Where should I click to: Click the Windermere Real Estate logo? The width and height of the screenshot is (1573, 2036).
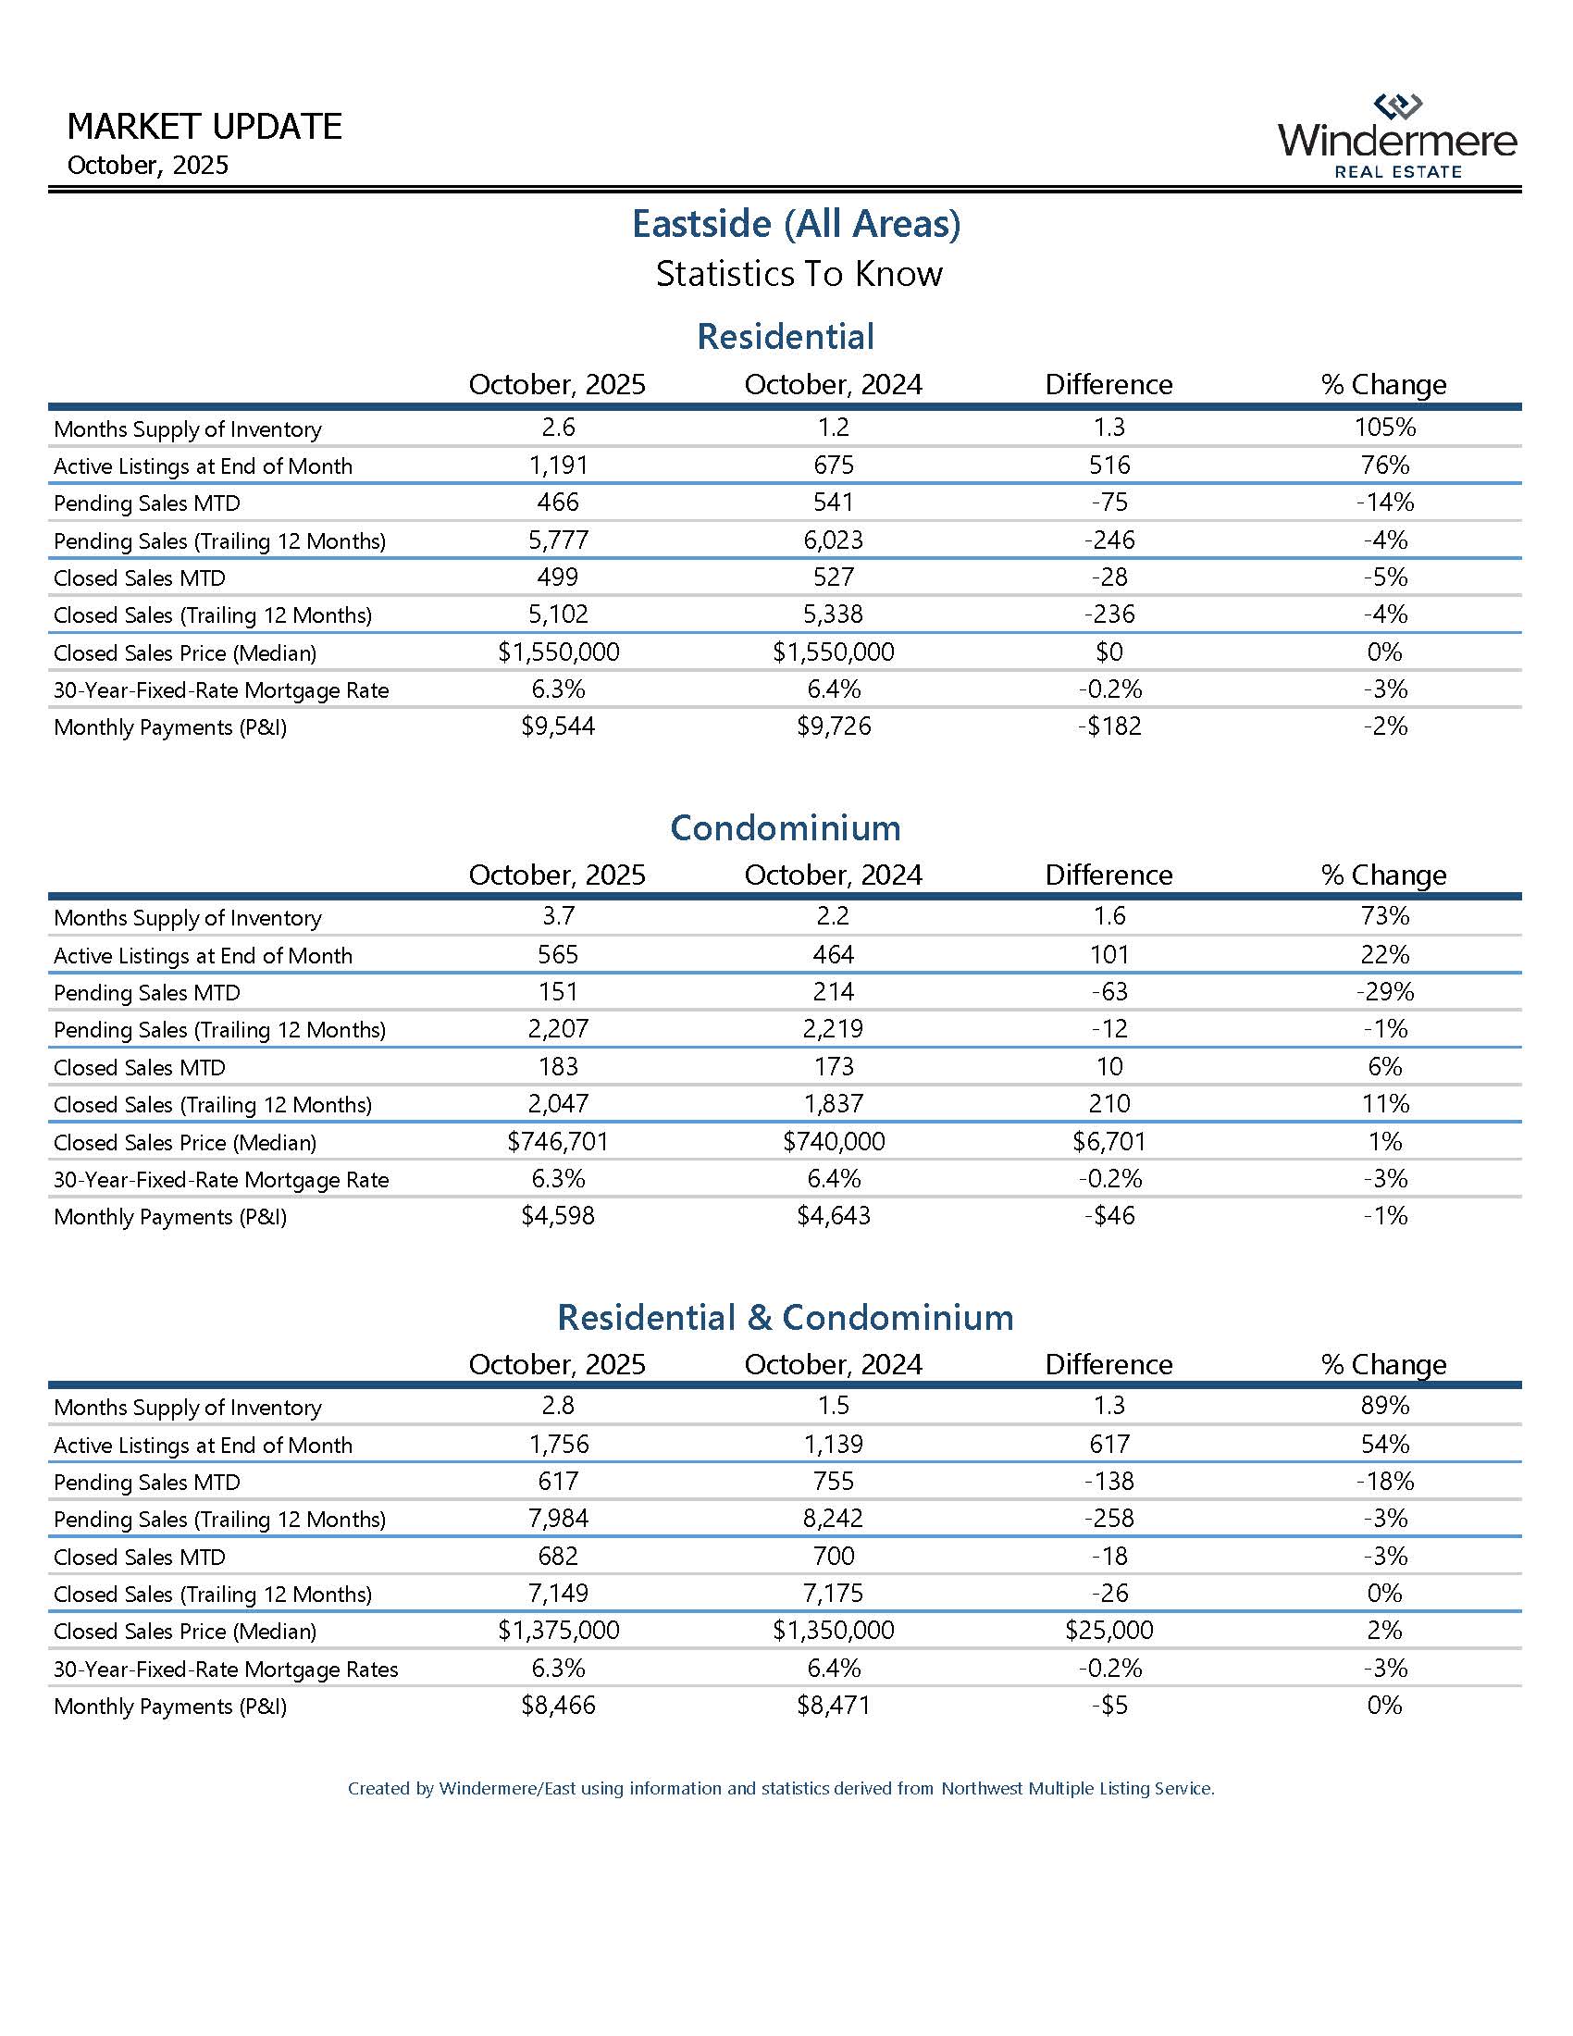pyautogui.click(x=1397, y=137)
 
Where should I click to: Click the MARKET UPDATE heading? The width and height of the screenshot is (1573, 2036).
pyautogui.click(x=205, y=127)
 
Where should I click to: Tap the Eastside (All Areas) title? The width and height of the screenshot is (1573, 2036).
pyautogui.click(x=796, y=224)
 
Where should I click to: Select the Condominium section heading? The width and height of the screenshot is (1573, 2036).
pyautogui.click(x=786, y=828)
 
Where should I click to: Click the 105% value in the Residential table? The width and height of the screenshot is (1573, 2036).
pyautogui.click(x=1384, y=427)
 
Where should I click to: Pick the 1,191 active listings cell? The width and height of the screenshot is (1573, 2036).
pyautogui.click(x=557, y=466)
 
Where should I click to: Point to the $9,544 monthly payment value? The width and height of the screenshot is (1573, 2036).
pyautogui.click(x=557, y=726)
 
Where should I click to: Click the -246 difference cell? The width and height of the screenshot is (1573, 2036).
pyautogui.click(x=1108, y=540)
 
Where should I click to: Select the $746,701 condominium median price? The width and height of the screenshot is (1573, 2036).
pyautogui.click(x=557, y=1141)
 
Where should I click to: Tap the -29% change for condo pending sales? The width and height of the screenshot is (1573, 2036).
pyautogui.click(x=1384, y=992)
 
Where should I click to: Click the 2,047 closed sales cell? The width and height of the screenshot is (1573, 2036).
pyautogui.click(x=557, y=1104)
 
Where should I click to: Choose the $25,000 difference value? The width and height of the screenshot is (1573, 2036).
pyautogui.click(x=1108, y=1631)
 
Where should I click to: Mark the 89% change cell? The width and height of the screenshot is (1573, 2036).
pyautogui.click(x=1384, y=1406)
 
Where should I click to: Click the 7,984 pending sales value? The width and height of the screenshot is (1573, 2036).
pyautogui.click(x=557, y=1519)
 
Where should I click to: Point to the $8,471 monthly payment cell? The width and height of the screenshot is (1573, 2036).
pyautogui.click(x=833, y=1705)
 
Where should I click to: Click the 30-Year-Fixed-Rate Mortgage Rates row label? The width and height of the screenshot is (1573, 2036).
pyautogui.click(x=226, y=1669)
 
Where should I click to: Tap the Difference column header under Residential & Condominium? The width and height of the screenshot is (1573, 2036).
pyautogui.click(x=1108, y=1365)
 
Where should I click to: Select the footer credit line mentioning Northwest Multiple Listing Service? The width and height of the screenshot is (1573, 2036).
pyautogui.click(x=781, y=1789)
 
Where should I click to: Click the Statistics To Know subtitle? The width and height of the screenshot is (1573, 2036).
pyautogui.click(x=799, y=274)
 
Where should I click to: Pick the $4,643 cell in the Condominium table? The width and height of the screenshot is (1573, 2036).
pyautogui.click(x=833, y=1216)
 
